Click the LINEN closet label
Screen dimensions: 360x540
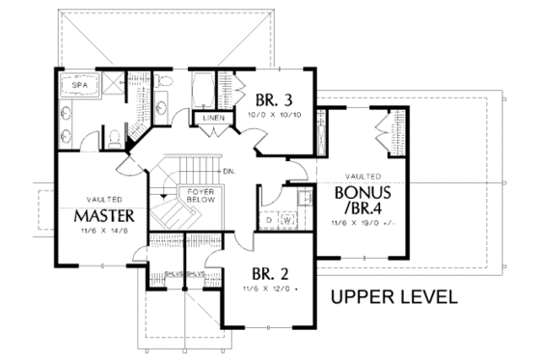pos(213,119)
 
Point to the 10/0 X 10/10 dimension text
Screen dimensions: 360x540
pos(274,115)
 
